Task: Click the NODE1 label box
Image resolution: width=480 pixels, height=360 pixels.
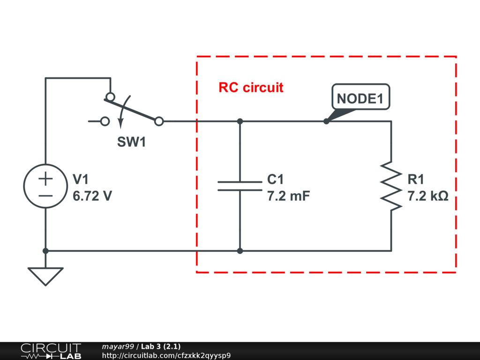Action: [360, 98]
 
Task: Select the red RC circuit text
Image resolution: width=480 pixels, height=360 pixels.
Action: [251, 88]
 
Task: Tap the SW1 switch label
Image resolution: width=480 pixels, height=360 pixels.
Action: [131, 142]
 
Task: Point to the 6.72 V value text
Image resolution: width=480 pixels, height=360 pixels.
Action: [92, 196]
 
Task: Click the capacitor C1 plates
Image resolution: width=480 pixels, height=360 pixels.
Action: [240, 186]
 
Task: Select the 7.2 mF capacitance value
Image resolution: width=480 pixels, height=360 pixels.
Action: [288, 196]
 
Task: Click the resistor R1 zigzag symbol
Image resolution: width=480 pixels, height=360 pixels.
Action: [391, 186]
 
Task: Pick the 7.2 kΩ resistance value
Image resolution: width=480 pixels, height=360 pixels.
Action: [427, 196]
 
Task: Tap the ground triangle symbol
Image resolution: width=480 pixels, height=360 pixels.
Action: [45, 276]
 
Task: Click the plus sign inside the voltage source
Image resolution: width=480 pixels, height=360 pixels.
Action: [45, 179]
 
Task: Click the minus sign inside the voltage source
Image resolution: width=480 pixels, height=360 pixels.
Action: [45, 195]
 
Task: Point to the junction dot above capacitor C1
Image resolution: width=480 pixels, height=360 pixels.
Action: [240, 121]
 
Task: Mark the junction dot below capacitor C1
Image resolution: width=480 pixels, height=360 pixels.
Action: [240, 251]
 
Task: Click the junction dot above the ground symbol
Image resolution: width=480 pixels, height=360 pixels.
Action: [45, 251]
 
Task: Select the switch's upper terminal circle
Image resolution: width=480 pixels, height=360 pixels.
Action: [110, 97]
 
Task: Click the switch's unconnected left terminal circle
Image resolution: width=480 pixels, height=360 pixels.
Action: [105, 121]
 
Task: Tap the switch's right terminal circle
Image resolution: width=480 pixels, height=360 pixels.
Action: [159, 121]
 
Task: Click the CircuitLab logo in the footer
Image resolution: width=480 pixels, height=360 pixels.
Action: [51, 351]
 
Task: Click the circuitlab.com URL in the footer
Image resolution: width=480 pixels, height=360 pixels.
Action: [166, 356]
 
